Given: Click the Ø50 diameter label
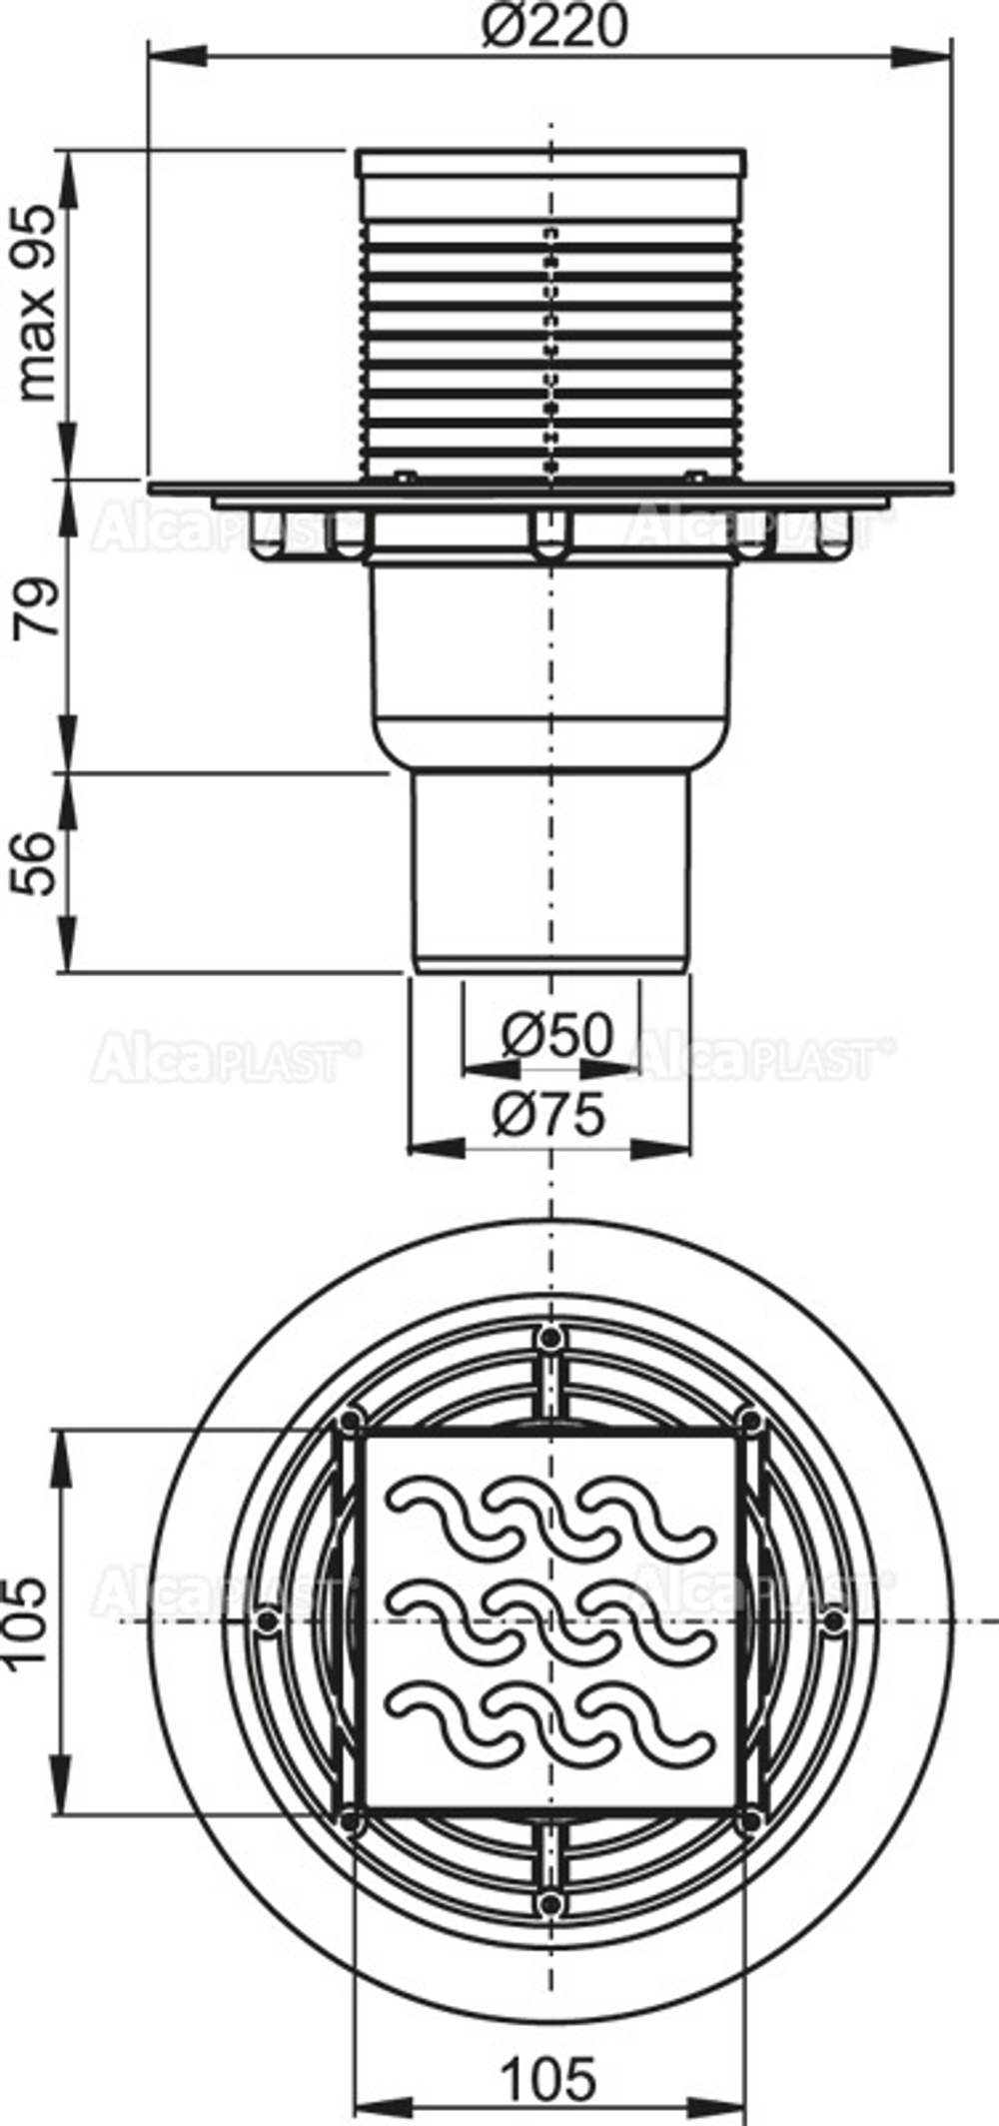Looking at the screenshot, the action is [556, 1036].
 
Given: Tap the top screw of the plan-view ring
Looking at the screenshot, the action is [548, 1338].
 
